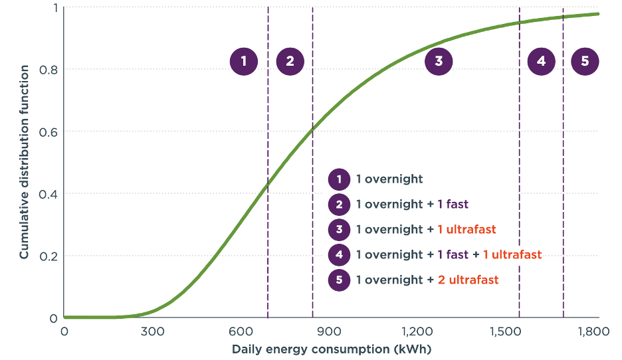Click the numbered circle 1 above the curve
click(x=244, y=62)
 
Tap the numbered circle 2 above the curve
click(x=290, y=62)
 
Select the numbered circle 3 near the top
click(x=439, y=62)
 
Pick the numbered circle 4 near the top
click(x=541, y=62)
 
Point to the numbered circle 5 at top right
click(x=585, y=62)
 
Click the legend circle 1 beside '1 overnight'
click(x=339, y=179)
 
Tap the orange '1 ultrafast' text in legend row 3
click(x=466, y=230)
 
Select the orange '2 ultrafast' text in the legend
click(x=468, y=280)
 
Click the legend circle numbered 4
click(x=339, y=255)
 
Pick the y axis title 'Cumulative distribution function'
click(x=24, y=162)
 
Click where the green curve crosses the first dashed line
click(x=268, y=181)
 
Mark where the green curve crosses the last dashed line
click(x=564, y=17)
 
